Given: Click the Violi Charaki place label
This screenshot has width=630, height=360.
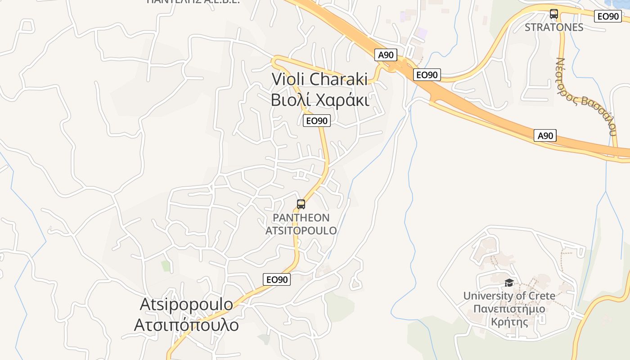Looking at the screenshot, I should (x=320, y=79).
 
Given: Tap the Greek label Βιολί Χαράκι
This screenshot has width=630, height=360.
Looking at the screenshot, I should (x=320, y=100).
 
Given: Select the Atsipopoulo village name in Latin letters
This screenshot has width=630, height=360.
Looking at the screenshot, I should (x=186, y=304).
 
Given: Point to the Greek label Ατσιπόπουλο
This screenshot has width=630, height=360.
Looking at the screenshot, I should (x=186, y=325).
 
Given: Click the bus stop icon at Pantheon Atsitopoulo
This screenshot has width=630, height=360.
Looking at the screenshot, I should (x=301, y=204).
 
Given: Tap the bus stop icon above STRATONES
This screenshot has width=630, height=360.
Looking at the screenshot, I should (x=553, y=14).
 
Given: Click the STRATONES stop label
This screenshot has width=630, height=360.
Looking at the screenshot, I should (x=554, y=27).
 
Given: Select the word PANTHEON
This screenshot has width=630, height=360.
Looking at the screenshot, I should (x=301, y=218).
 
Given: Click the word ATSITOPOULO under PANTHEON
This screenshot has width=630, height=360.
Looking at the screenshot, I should (x=301, y=231).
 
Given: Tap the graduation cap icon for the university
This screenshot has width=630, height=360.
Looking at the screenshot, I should (x=509, y=283).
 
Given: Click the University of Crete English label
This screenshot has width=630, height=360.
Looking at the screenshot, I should (x=509, y=296).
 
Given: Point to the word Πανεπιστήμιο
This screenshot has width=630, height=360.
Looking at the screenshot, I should (x=509, y=309).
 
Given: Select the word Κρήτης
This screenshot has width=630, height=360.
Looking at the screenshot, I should (x=509, y=322).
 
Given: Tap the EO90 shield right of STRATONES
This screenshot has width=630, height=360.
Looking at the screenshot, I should (x=608, y=16).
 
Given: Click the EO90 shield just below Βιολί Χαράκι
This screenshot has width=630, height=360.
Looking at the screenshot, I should (x=316, y=121).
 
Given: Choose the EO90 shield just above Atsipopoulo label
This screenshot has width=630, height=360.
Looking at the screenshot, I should (x=277, y=279).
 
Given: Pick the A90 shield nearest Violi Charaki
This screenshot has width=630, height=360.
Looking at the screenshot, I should (x=386, y=55).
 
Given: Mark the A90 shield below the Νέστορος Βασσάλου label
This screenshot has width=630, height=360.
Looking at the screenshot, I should (x=545, y=135).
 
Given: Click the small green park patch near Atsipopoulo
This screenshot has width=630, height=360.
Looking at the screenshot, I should (x=166, y=266).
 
